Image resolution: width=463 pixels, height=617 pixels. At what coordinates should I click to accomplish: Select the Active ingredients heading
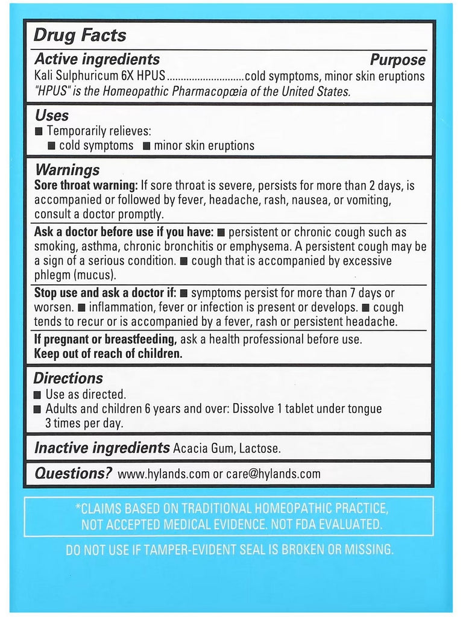coord(97,59)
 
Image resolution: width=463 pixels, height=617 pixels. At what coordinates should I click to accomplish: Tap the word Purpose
coord(397,60)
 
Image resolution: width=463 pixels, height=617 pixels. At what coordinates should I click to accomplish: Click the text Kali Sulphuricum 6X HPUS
coord(99,77)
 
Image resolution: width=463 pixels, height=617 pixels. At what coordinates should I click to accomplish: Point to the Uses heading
coord(52,115)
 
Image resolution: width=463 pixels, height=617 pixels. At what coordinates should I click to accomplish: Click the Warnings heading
coord(67,170)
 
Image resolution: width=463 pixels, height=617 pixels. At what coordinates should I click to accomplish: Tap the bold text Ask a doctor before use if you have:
coord(124,233)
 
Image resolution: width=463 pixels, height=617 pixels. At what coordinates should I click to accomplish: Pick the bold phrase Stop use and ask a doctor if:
coord(105,293)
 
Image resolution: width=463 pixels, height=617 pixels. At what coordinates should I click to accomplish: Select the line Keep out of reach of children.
coord(108,354)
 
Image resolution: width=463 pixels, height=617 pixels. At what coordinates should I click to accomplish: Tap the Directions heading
coord(68,378)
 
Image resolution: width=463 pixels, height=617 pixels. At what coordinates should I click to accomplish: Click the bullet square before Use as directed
coord(38,395)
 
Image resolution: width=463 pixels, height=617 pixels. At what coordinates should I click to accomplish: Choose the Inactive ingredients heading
coord(102,448)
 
